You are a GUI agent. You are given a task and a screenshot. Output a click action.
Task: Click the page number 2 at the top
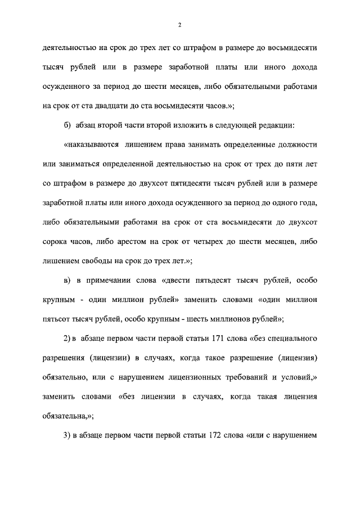coord(179,25)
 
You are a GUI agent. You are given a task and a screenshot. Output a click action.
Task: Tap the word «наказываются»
coord(91,144)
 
